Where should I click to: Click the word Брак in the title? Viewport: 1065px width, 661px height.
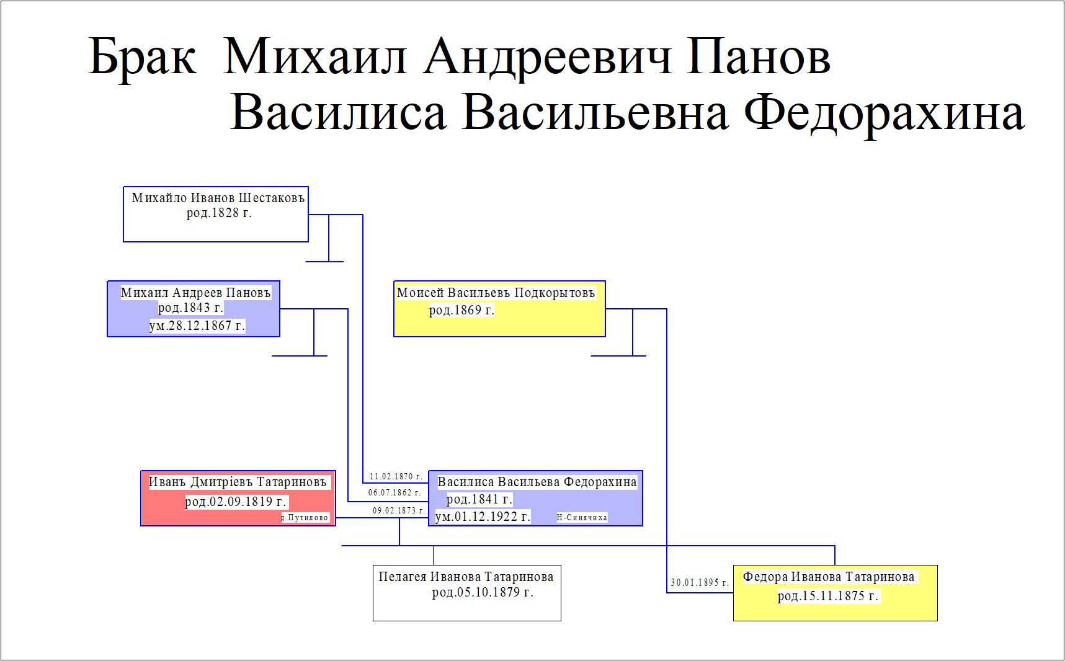click(142, 57)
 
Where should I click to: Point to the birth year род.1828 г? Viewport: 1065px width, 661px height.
click(219, 213)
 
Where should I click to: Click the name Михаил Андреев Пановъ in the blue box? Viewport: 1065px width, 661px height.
click(196, 293)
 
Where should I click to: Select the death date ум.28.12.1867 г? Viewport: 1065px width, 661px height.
click(197, 326)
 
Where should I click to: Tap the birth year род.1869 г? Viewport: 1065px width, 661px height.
click(461, 310)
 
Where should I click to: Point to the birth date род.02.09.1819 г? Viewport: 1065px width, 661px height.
click(236, 502)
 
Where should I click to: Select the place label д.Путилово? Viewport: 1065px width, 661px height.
click(305, 518)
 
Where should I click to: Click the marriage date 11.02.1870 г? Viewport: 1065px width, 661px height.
click(396, 477)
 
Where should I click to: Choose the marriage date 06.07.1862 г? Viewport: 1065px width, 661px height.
click(394, 493)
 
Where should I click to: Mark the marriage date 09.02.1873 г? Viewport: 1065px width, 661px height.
click(399, 511)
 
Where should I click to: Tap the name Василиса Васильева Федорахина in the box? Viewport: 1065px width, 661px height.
click(537, 482)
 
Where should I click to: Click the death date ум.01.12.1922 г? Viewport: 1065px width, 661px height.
click(483, 517)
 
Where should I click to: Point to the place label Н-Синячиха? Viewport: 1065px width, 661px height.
click(582, 518)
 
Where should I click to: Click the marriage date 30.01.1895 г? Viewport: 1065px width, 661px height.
click(700, 583)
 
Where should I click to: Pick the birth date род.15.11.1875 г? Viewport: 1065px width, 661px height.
click(828, 597)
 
